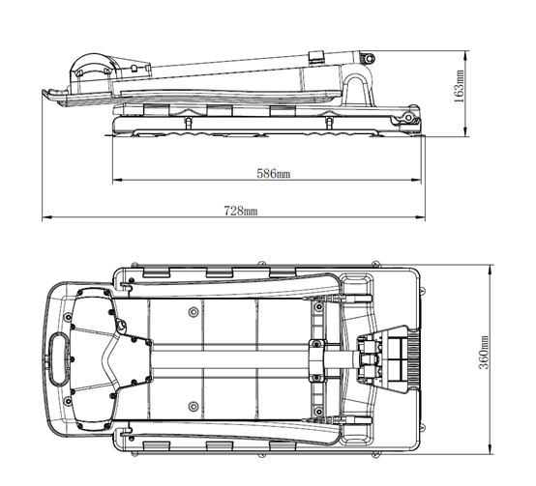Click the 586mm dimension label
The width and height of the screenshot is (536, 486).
(x=274, y=174)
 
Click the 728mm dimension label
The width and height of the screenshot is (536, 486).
(x=241, y=211)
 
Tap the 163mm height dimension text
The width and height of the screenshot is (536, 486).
(x=459, y=86)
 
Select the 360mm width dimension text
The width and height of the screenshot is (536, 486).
(x=484, y=353)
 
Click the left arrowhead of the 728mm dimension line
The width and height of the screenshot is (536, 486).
(x=46, y=216)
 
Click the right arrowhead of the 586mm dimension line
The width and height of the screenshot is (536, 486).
(x=416, y=180)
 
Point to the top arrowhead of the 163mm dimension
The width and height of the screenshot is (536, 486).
(x=465, y=56)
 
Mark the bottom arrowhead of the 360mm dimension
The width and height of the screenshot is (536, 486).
(x=491, y=449)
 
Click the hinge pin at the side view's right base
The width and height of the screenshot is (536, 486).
(x=408, y=118)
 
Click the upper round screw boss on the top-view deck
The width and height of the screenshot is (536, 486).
(x=194, y=311)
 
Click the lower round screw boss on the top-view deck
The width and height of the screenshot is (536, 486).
(x=194, y=406)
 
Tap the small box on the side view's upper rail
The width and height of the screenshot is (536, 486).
(x=316, y=57)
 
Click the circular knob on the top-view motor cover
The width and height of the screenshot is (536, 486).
(x=121, y=325)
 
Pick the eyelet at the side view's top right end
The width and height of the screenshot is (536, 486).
(x=369, y=58)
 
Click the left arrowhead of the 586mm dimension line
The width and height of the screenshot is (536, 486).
(x=117, y=180)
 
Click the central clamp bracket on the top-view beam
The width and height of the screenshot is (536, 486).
(x=316, y=359)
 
